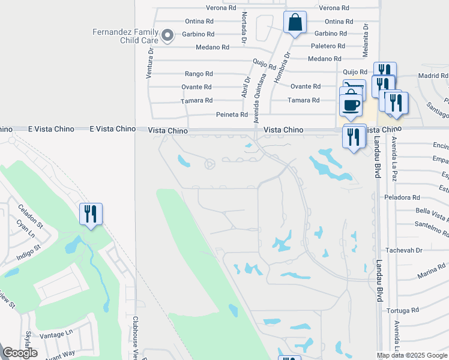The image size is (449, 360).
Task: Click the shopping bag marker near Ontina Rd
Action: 295,23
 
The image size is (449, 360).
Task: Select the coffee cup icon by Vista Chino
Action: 351,104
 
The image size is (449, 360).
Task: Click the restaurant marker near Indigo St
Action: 91,214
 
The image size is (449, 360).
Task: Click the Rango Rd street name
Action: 199,74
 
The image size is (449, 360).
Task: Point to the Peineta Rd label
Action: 232,115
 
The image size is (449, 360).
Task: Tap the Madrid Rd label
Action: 433,76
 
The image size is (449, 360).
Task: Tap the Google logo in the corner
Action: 20,352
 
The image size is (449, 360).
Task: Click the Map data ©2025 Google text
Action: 412,355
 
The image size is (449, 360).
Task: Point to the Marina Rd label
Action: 433,268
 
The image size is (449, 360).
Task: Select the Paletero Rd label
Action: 328,46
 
